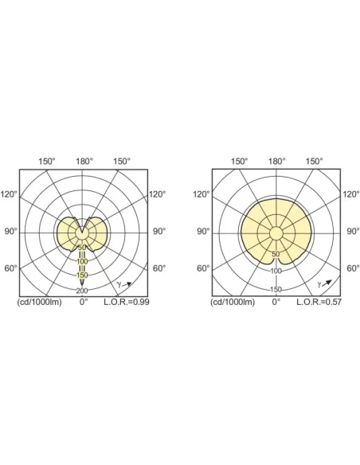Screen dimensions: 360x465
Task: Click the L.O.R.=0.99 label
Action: pos(127,302)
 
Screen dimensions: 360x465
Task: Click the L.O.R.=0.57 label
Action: pos(319,302)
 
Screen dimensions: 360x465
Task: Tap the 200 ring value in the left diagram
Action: pos(82,291)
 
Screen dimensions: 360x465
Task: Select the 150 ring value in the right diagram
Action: pos(276,290)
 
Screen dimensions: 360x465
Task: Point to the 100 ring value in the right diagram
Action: pos(276,271)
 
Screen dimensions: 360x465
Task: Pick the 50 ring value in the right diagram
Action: pos(276,254)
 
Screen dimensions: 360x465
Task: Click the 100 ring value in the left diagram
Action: pos(82,261)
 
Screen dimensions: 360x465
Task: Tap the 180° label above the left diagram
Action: pos(84,162)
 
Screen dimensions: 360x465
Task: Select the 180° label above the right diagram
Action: pos(277,162)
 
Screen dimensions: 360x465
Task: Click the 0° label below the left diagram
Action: pos(84,302)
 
